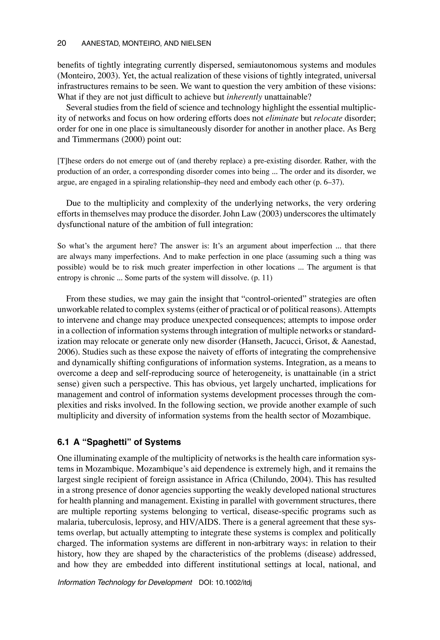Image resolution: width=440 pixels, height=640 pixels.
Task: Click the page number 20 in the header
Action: click(61, 43)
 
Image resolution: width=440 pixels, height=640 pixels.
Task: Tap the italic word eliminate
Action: click(282, 118)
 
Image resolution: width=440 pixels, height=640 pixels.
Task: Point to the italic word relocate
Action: click(328, 118)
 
